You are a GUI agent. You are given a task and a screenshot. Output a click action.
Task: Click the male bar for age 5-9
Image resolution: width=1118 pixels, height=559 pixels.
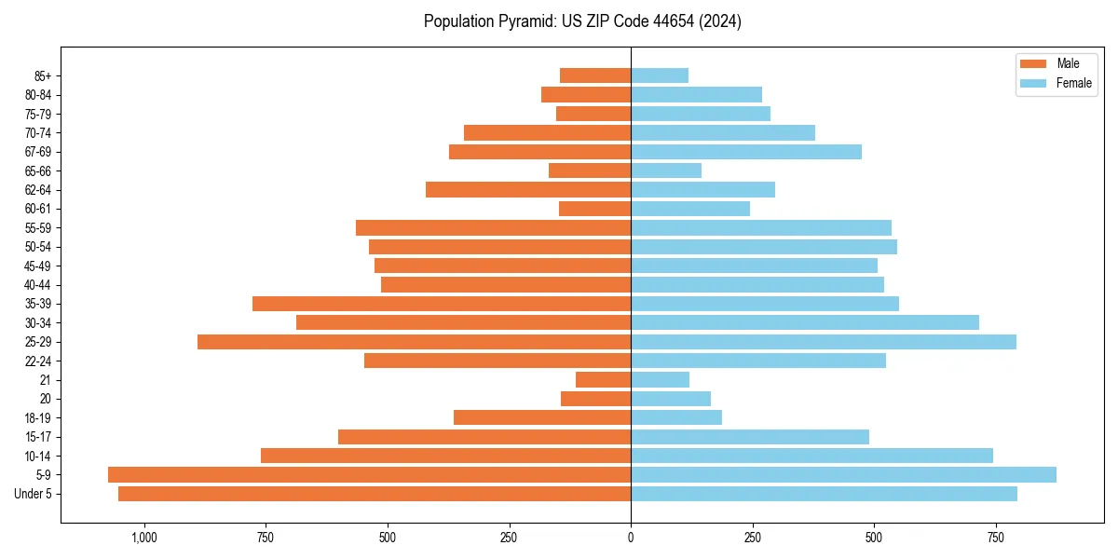(369, 474)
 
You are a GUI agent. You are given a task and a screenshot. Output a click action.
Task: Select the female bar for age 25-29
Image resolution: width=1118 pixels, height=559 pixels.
(824, 342)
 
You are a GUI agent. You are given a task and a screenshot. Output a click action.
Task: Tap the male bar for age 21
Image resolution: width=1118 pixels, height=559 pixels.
(603, 379)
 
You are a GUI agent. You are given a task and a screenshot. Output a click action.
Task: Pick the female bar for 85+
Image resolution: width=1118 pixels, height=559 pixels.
(660, 75)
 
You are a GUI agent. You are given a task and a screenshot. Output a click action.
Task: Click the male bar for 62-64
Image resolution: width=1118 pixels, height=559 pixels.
(528, 189)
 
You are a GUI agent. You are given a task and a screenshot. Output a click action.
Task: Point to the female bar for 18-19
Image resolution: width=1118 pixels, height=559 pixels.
(676, 417)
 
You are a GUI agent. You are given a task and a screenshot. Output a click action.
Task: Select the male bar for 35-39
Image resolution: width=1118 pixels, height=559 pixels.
(442, 304)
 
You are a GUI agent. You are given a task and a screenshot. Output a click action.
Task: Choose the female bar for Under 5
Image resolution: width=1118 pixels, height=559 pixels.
(824, 494)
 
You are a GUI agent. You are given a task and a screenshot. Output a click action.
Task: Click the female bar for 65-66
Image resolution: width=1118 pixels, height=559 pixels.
(666, 170)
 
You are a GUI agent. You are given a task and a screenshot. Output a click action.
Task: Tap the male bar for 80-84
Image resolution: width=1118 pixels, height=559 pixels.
(586, 94)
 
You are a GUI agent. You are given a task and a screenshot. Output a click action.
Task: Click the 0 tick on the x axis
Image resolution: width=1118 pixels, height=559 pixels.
(631, 538)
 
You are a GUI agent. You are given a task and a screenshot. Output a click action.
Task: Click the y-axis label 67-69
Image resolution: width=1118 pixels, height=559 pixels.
(38, 152)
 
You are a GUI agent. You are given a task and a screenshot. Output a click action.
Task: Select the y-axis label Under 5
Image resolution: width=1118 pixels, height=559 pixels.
(34, 494)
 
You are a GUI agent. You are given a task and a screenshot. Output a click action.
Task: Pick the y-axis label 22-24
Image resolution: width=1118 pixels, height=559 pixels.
(38, 361)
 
